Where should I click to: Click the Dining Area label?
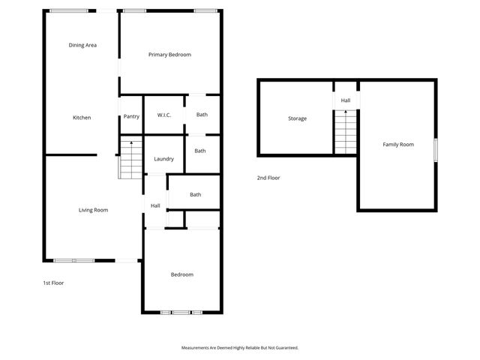[82, 45]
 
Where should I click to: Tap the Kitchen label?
[82, 118]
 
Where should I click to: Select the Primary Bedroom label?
[169, 55]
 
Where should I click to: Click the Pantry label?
[131, 116]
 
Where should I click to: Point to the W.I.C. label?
[164, 115]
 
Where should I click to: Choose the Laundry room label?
[163, 159]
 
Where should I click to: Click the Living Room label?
[94, 210]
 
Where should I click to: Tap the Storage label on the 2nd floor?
[298, 118]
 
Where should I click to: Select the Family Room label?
[398, 144]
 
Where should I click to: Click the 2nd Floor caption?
[268, 178]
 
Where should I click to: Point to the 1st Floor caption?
[53, 283]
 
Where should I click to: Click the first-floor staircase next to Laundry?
[130, 159]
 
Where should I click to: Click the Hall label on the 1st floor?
[155, 206]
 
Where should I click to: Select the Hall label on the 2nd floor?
[345, 100]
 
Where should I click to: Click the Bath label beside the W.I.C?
[202, 115]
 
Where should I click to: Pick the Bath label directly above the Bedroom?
[195, 195]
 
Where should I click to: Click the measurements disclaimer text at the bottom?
[240, 348]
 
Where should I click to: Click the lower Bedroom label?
[182, 274]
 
